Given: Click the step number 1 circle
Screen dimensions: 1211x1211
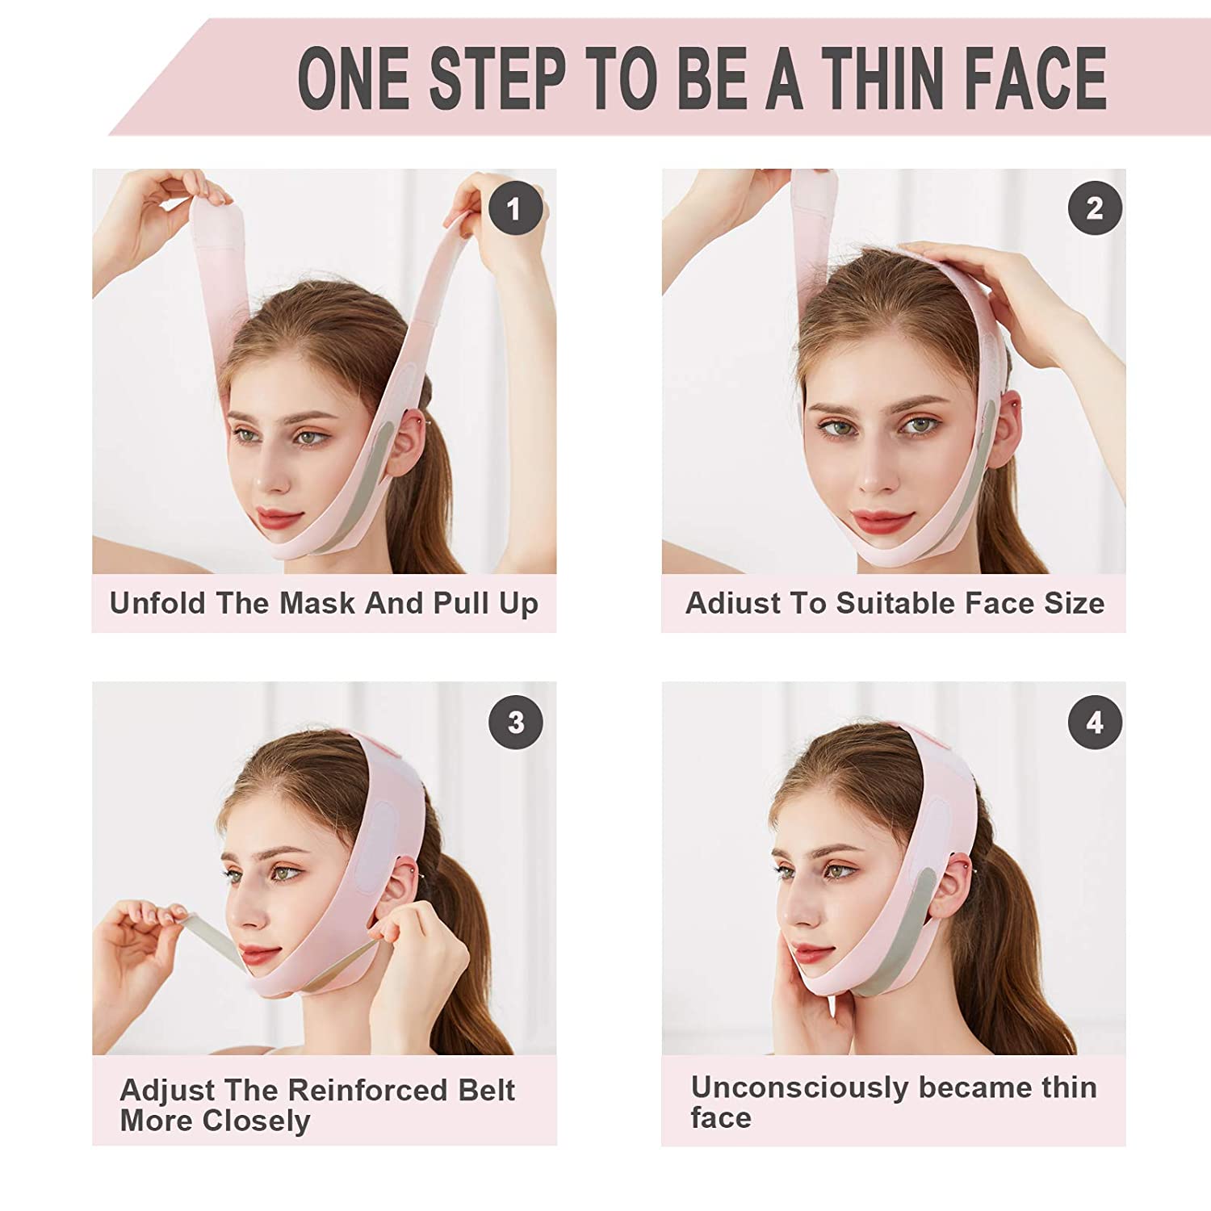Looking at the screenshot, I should tap(514, 209).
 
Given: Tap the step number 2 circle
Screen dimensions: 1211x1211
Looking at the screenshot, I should tap(1095, 209).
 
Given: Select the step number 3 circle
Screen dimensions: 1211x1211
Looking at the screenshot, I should tap(516, 722).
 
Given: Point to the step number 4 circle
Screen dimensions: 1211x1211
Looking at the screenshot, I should tap(1095, 722).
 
